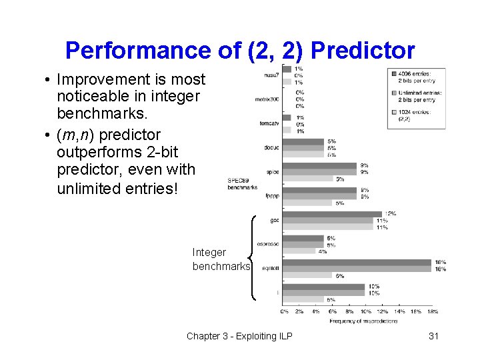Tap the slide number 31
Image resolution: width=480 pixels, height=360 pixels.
coord(433,336)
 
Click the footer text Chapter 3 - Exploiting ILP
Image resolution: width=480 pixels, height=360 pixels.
coord(239,336)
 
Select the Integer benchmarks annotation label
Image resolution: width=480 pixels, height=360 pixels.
coord(221,259)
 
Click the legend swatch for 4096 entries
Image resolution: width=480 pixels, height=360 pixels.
coord(394,73)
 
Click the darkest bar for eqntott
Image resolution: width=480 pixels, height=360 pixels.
coord(357,262)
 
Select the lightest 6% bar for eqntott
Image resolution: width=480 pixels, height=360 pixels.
coord(307,275)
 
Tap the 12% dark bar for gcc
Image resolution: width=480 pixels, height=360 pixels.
coord(332,214)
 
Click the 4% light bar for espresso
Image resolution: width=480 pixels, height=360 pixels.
coord(299,251)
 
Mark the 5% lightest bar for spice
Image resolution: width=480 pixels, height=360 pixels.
coord(307,179)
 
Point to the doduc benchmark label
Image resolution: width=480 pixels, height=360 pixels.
coord(270,147)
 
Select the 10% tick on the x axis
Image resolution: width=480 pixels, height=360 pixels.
coord(366,311)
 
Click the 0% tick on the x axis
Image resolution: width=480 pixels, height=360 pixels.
coord(284,311)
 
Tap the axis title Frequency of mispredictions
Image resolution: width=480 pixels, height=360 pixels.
coord(363,321)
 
